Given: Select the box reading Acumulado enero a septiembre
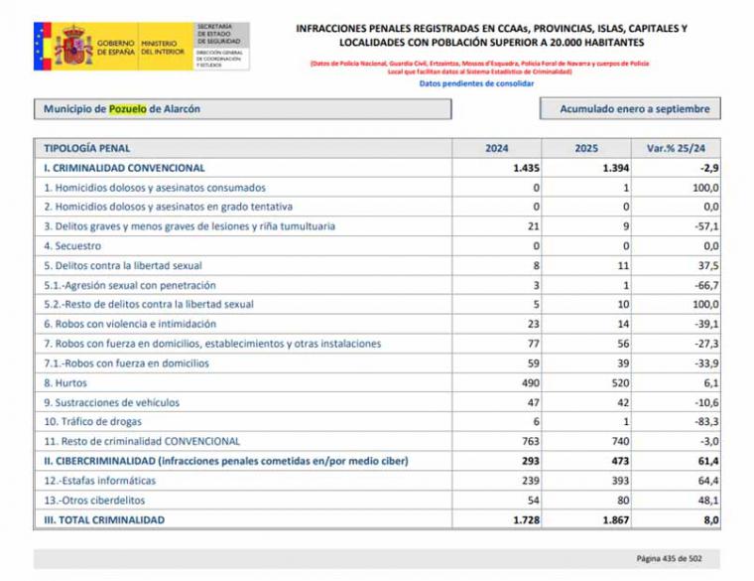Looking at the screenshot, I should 630,109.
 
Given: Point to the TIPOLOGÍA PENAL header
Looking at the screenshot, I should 86,148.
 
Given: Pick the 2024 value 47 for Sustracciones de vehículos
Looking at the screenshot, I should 532,402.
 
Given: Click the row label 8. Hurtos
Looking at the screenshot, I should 65,382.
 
